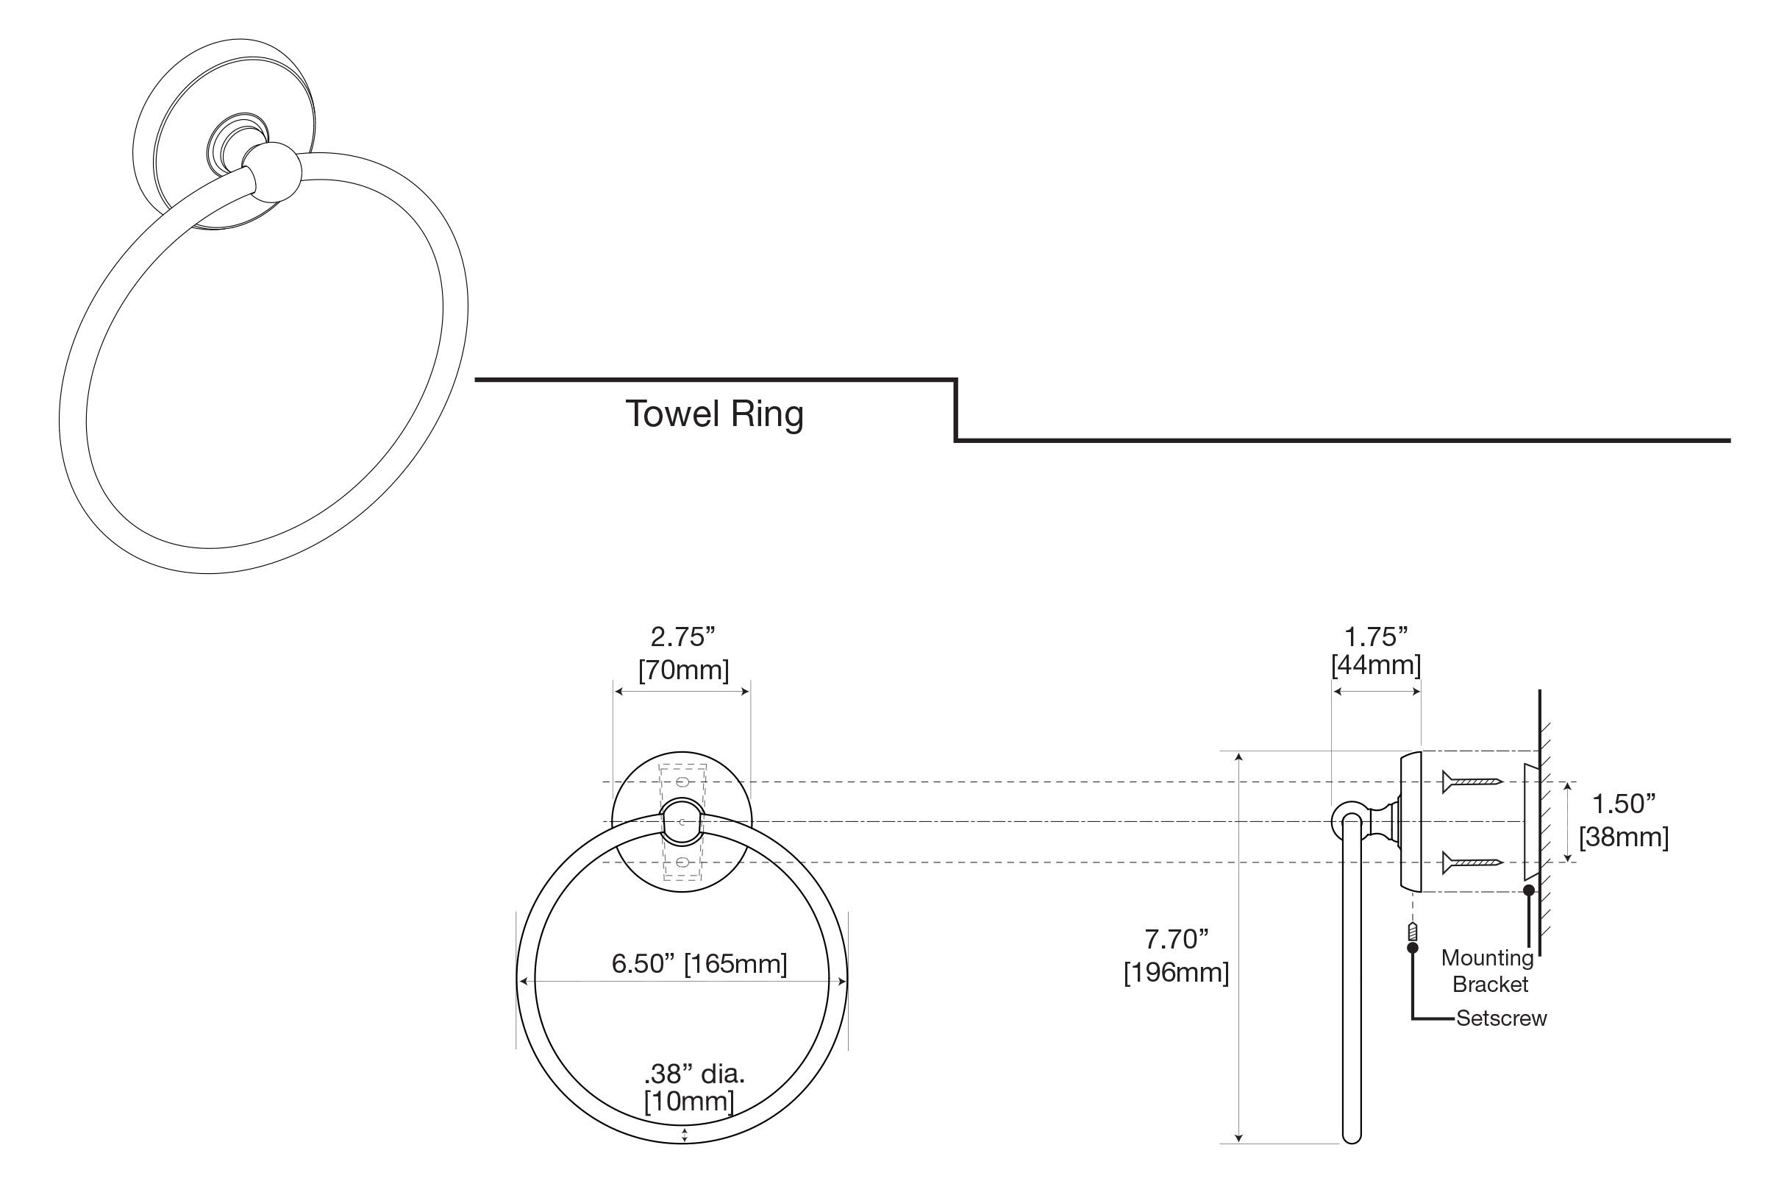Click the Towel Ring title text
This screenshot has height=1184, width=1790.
click(x=714, y=414)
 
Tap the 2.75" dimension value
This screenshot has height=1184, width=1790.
click(x=682, y=637)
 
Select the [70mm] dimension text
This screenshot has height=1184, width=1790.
click(x=684, y=670)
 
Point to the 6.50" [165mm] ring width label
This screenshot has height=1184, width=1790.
click(x=699, y=963)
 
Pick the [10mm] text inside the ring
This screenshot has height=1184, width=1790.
click(x=688, y=1101)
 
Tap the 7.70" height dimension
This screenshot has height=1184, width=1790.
click(x=1176, y=940)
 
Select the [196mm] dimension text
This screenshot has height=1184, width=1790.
click(x=1176, y=973)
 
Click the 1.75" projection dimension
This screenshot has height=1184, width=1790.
click(x=1376, y=637)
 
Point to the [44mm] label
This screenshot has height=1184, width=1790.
click(x=1376, y=665)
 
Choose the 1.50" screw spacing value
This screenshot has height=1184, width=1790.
click(x=1623, y=804)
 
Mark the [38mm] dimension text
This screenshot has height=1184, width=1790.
click(x=1623, y=837)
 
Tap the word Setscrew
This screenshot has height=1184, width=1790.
click(x=1501, y=1018)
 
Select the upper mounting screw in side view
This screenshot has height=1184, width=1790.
click(x=1472, y=781)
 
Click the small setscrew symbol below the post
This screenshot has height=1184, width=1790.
click(x=1413, y=933)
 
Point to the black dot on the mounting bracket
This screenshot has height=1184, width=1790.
click(x=1529, y=890)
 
